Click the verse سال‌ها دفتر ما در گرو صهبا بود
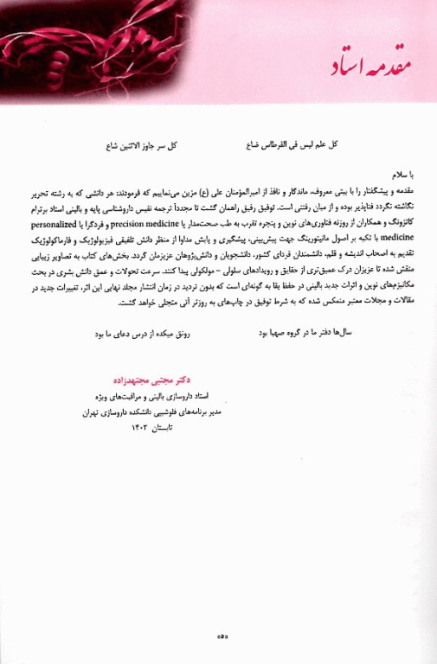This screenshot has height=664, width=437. [298, 332]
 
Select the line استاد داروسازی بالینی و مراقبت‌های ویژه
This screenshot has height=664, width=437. [157, 397]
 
